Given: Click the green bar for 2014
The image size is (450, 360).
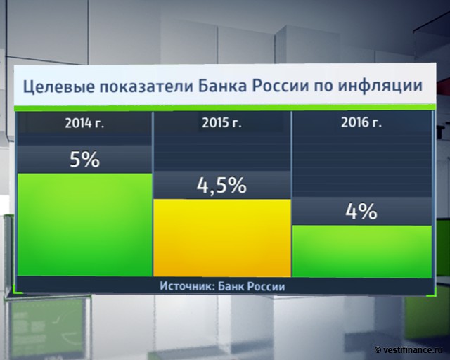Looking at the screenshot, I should (84, 225).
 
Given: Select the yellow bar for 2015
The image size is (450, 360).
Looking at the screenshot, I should (221, 238).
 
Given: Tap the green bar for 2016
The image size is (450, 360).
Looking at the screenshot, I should (361, 250).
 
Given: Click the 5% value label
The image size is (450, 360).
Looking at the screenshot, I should (84, 159).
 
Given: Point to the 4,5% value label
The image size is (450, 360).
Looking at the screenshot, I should (221, 186).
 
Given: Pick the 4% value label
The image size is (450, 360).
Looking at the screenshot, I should (361, 212).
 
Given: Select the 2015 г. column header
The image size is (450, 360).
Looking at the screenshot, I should (221, 124).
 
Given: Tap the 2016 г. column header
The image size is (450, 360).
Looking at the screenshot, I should (361, 124).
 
